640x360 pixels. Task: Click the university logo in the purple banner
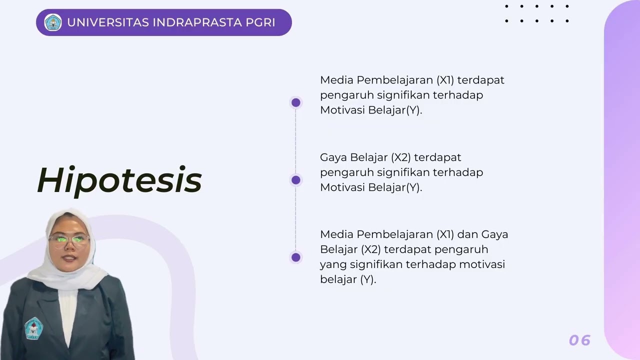point(53,22)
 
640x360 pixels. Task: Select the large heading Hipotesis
point(119,180)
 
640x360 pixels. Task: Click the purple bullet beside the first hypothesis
point(296,102)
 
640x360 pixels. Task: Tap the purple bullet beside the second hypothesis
point(296,180)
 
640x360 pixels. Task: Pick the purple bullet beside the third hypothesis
point(296,257)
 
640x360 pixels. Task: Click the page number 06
point(580,340)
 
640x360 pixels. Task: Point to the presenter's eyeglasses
point(69,239)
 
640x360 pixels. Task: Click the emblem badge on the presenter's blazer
point(33,327)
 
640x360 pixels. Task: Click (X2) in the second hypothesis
point(401,157)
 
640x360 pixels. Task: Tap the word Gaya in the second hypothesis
point(333,157)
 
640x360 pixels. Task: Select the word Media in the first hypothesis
point(336,80)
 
